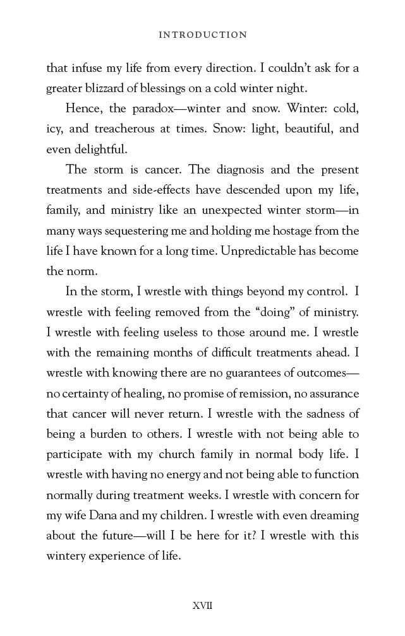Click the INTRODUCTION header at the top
202,35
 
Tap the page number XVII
202,606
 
